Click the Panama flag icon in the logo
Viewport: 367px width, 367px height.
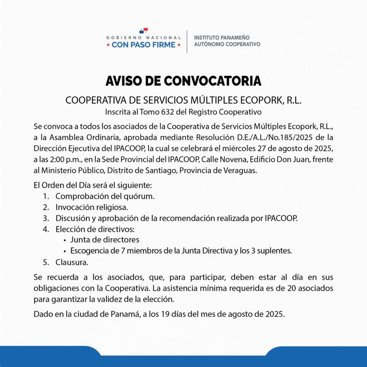tap(144, 31)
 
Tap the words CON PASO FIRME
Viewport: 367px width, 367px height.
tap(143, 45)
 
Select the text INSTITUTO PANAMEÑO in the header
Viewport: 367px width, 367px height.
tap(221, 38)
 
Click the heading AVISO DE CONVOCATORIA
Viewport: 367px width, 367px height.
tap(183, 81)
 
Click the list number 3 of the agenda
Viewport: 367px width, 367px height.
tap(46, 218)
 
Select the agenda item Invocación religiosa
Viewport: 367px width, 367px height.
tap(91, 207)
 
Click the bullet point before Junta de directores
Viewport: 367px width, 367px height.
tap(64, 240)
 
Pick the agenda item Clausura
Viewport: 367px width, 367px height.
tap(72, 262)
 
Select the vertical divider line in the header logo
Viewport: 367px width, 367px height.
tap(187, 42)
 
